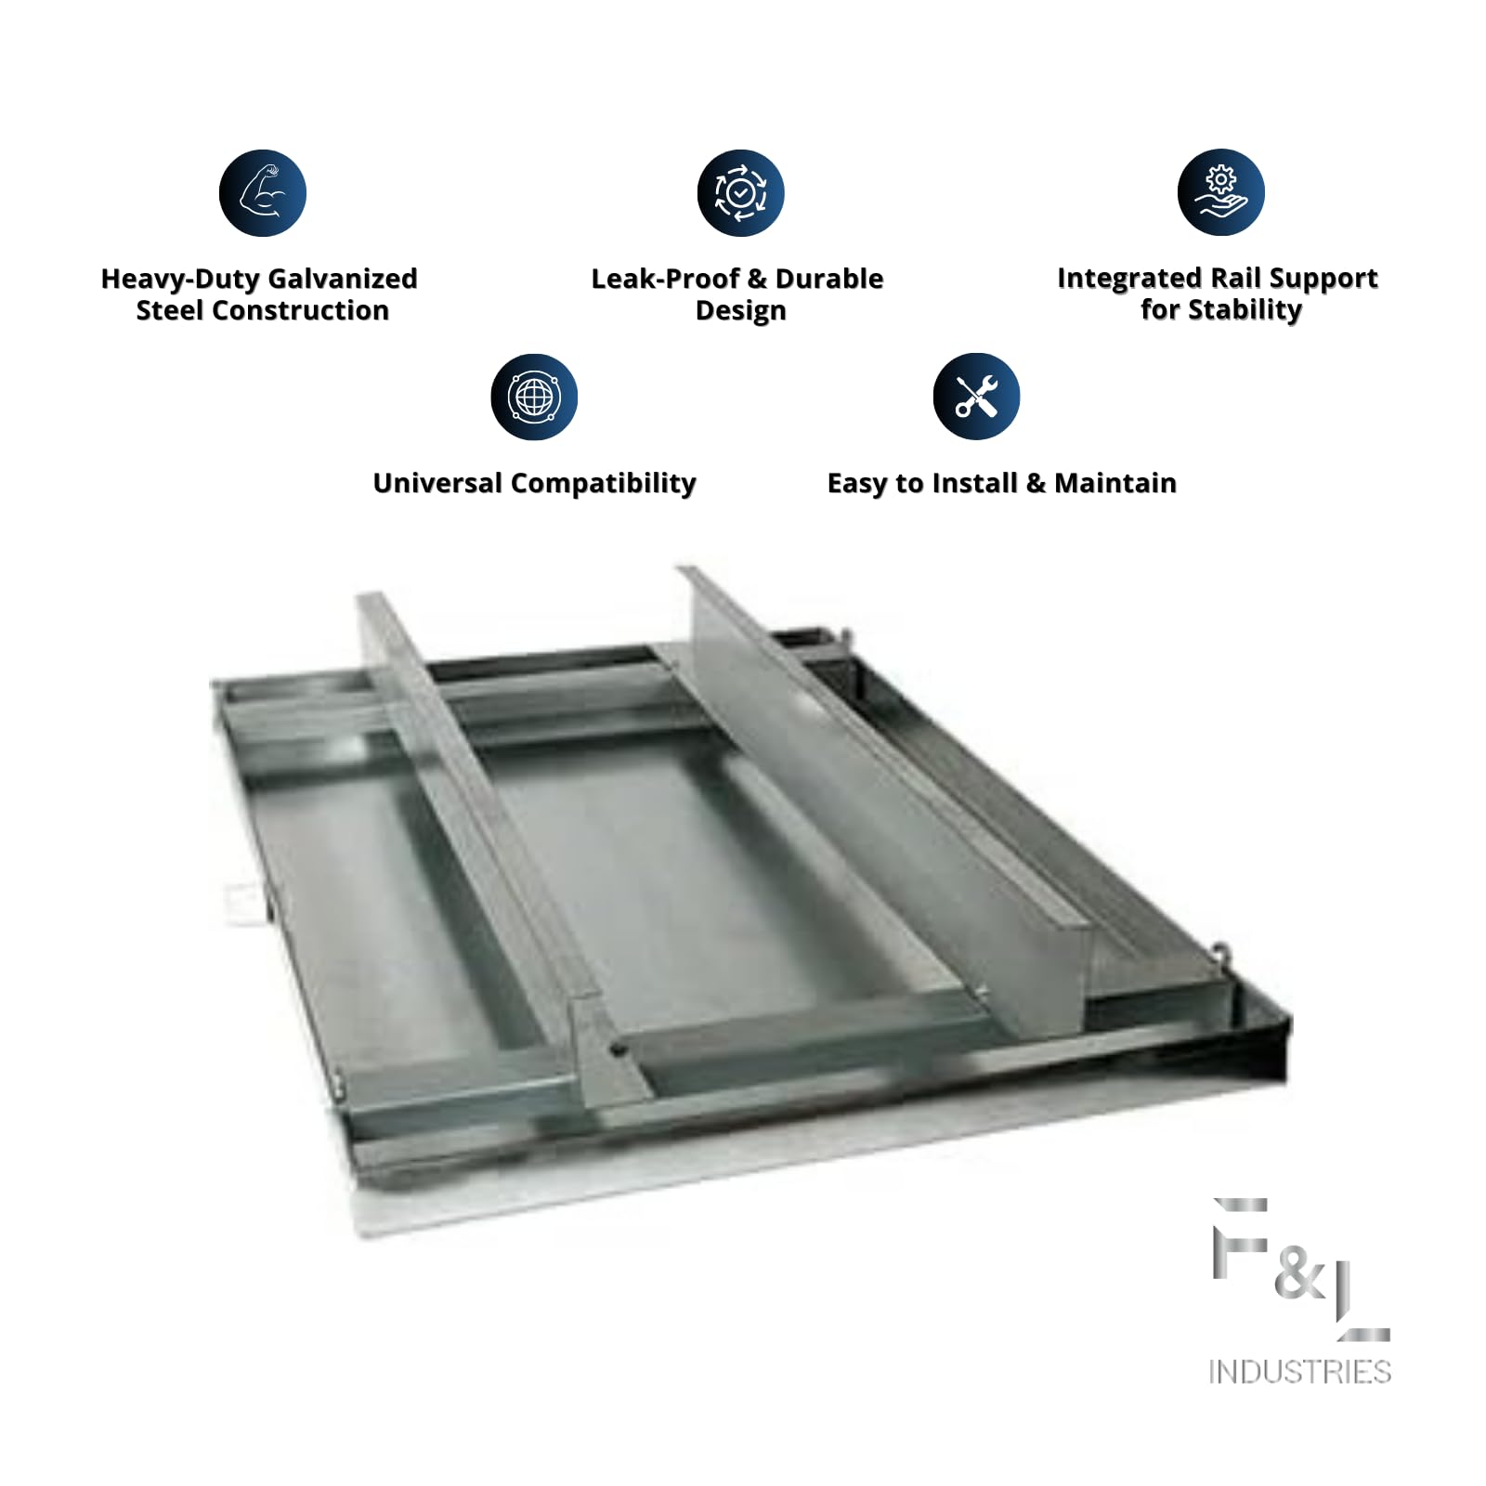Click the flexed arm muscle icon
pyautogui.click(x=263, y=192)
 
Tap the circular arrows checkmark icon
pyautogui.click(x=741, y=192)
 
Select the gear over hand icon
pyautogui.click(x=1221, y=192)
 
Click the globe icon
pyautogui.click(x=534, y=397)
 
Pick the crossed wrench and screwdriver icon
pyautogui.click(x=976, y=397)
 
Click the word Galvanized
pyautogui.click(x=342, y=279)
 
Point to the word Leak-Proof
pyautogui.click(x=665, y=279)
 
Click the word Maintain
pyautogui.click(x=1115, y=483)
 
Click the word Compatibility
pyautogui.click(x=604, y=484)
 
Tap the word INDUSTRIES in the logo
pyautogui.click(x=1299, y=1372)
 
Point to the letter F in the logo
pyautogui.click(x=1240, y=1239)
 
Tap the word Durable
pyautogui.click(x=829, y=279)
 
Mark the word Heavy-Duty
pyautogui.click(x=180, y=280)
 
